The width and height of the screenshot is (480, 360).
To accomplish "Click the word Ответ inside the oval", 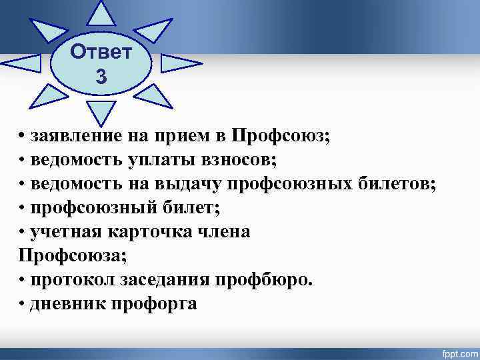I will (x=101, y=51).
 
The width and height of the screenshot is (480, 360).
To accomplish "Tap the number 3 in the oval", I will (x=101, y=77).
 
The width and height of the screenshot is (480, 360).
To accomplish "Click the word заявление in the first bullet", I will (x=76, y=135).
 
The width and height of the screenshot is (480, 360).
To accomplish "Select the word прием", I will (x=181, y=135).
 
